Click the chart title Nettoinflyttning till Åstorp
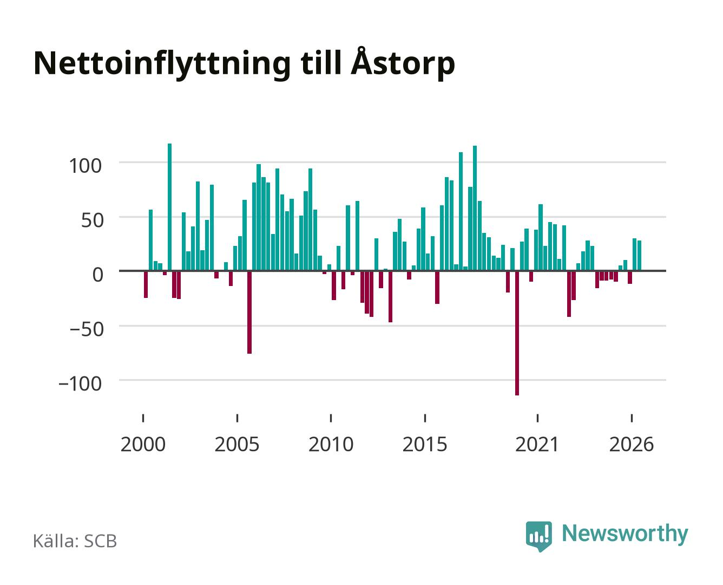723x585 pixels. (244, 64)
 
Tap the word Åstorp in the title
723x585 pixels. (403, 64)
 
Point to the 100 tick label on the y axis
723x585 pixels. (85, 166)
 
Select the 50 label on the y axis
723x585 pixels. (92, 220)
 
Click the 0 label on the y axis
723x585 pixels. (98, 275)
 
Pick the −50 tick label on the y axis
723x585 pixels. (87, 329)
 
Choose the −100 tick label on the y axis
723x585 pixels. (80, 384)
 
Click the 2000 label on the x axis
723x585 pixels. (143, 444)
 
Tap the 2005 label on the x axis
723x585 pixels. (237, 444)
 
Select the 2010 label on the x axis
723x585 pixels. (331, 444)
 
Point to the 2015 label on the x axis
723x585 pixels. (425, 444)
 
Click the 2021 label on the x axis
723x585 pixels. (537, 444)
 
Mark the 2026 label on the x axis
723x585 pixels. (632, 444)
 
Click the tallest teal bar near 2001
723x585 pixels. (170, 207)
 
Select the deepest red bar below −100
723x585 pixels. (517, 333)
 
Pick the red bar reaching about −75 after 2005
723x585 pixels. (249, 313)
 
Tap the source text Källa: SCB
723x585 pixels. (75, 541)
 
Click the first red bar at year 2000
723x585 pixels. (146, 284)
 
